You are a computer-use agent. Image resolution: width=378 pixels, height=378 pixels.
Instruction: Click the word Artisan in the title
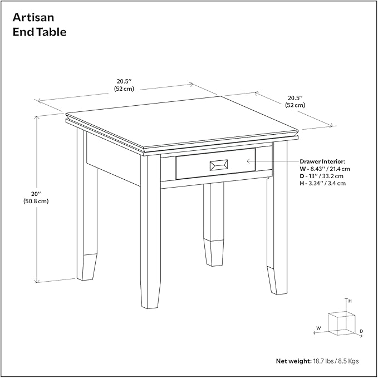(33, 17)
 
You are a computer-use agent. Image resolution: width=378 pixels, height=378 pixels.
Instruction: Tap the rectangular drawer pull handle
(219, 165)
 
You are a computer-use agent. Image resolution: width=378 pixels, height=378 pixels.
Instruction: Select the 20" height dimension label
(36, 194)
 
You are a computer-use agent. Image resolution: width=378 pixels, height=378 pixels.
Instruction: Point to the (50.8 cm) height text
(36, 201)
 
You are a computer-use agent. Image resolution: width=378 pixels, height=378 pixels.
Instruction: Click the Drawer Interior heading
(322, 161)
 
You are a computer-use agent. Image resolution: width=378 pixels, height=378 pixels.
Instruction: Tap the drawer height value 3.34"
(316, 183)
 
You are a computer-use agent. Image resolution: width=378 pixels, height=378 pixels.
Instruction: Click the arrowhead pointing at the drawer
(248, 161)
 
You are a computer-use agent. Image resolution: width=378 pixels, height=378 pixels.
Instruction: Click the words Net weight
(294, 361)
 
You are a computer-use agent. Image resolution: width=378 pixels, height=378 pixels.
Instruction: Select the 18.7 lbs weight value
(323, 361)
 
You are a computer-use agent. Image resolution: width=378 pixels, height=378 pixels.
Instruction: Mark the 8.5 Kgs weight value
(348, 361)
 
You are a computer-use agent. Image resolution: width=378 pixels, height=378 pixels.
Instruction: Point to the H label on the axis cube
(350, 301)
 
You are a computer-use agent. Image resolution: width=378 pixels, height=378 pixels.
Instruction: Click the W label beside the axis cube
(318, 328)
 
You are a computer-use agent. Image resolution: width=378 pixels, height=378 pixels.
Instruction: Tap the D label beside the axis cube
(361, 331)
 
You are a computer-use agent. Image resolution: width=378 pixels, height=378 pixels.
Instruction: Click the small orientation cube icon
(342, 323)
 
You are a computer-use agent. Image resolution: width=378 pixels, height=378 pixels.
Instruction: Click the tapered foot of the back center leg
(213, 253)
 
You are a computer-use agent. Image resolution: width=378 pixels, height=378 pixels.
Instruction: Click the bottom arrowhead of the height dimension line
(37, 281)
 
